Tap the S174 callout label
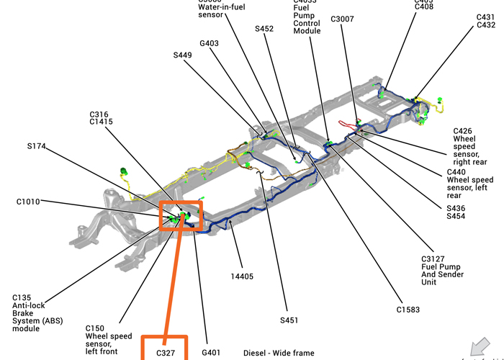tap(37, 146)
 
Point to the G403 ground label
tap(210, 43)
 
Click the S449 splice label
tap(183, 55)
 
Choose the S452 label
tap(264, 29)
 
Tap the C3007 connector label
tap(342, 19)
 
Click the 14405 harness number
tap(241, 275)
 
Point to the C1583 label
tap(408, 310)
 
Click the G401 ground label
tap(211, 353)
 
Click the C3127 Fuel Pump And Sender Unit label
tap(442, 267)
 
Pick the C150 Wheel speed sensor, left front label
tap(109, 336)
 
